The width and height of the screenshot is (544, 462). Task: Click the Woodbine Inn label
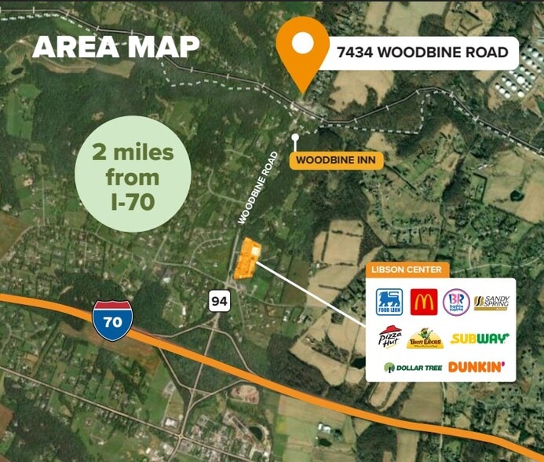click(x=335, y=160)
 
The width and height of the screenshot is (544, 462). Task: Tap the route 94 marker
click(x=219, y=299)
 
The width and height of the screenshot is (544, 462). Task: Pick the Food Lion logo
click(x=388, y=302)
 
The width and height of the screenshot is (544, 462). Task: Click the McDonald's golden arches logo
click(x=424, y=302)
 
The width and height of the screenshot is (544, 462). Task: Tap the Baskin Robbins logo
click(x=456, y=302)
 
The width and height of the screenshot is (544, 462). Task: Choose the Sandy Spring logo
click(x=491, y=302)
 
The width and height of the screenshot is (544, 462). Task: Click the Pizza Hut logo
click(x=390, y=337)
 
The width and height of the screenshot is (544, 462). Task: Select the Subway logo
click(x=480, y=339)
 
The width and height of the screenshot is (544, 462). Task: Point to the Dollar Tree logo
click(x=411, y=367)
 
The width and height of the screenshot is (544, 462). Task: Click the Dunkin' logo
click(x=476, y=367)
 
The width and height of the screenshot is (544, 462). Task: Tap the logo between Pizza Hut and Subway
click(x=425, y=339)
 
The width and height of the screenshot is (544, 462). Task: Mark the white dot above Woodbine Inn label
click(x=295, y=137)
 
